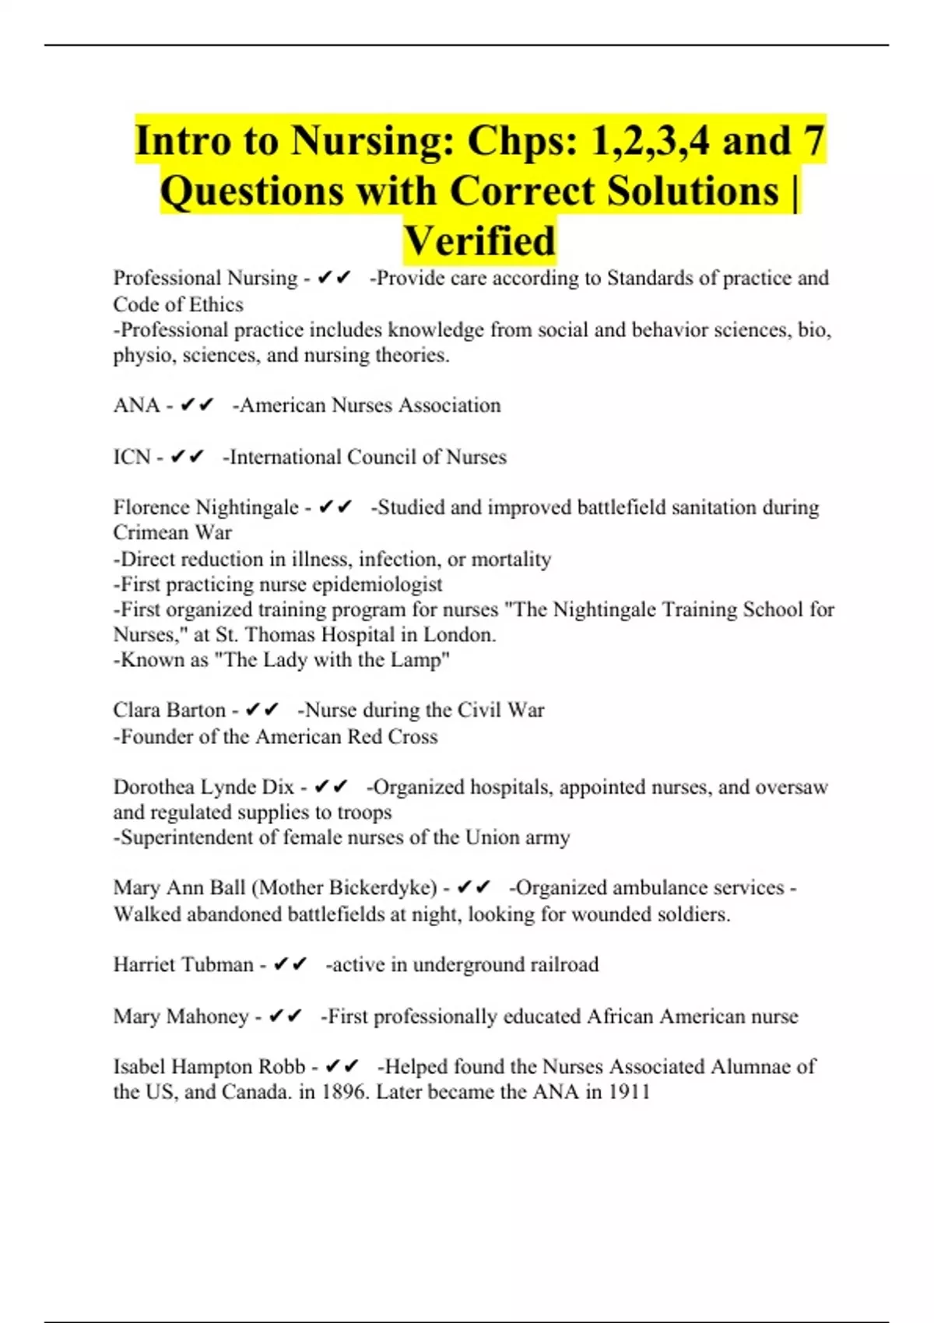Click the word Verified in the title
[479, 240]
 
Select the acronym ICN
[132, 457]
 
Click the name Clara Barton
[169, 710]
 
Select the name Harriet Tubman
[183, 964]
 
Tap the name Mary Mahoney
[181, 1016]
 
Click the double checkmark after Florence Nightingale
[335, 507]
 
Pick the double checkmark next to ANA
[196, 405]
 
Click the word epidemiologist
[377, 584]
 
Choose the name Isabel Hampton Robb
[209, 1066]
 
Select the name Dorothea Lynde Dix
[203, 787]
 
